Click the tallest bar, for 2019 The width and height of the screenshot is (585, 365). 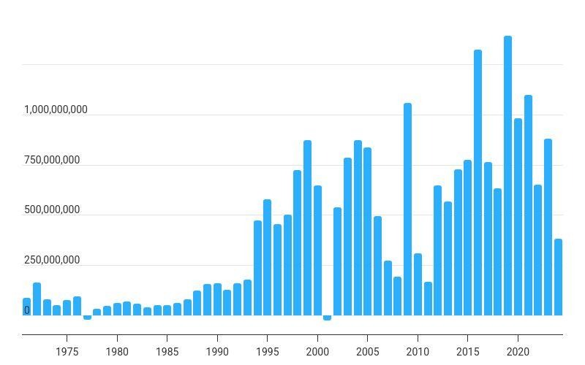pyautogui.click(x=507, y=175)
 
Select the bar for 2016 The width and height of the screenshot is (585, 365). pyautogui.click(x=478, y=182)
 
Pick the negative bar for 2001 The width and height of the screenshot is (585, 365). pyautogui.click(x=327, y=318)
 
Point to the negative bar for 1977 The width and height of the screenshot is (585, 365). pyautogui.click(x=87, y=318)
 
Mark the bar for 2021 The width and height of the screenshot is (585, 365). pyautogui.click(x=528, y=205)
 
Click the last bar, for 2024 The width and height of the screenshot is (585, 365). pyautogui.click(x=558, y=277)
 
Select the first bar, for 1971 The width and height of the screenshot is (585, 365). pyautogui.click(x=27, y=307)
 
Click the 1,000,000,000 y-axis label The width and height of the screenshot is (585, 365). pyautogui.click(x=56, y=109)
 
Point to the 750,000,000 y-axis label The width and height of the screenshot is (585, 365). pyautogui.click(x=52, y=160)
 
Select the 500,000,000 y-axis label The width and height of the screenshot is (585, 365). pyautogui.click(x=52, y=210)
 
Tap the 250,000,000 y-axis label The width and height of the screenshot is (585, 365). pyautogui.click(x=52, y=261)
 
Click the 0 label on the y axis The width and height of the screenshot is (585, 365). pyautogui.click(x=27, y=310)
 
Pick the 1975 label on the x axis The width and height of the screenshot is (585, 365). pyautogui.click(x=67, y=351)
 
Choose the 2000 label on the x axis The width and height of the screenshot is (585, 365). pyautogui.click(x=317, y=351)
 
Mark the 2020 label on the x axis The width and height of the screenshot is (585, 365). pyautogui.click(x=518, y=351)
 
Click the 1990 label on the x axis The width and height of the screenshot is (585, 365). pyautogui.click(x=217, y=351)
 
